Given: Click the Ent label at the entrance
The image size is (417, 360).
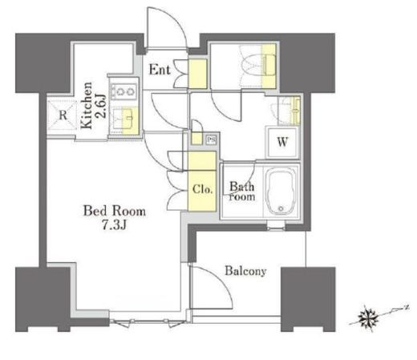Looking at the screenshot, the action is tap(160, 70).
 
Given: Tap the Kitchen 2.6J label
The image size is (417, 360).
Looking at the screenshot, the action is tap(93, 106).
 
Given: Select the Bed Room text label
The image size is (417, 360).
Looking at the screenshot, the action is tap(115, 211).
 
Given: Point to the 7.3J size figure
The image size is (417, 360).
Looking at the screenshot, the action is tap(114, 225).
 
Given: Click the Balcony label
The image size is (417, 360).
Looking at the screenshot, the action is tap(245, 271).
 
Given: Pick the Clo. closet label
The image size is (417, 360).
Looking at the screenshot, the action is tap(202, 189).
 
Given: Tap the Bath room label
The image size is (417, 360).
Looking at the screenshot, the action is tap(242, 192).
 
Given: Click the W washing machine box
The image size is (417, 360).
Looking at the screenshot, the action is tap(282, 142).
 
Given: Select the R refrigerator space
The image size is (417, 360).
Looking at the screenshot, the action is tap(63, 115).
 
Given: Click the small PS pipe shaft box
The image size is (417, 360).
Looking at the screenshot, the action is tap(212, 140).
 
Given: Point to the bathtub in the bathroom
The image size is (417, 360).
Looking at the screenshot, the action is tap(281, 191).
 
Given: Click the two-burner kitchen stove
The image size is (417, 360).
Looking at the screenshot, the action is tap(123, 91).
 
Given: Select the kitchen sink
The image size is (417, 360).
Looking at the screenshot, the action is tap(125, 119).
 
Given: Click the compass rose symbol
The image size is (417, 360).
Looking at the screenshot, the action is tap(369, 318).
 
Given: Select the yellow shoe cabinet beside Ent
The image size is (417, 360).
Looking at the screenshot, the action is tap(198, 74).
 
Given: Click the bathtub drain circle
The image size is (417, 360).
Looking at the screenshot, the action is tap(281, 208).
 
